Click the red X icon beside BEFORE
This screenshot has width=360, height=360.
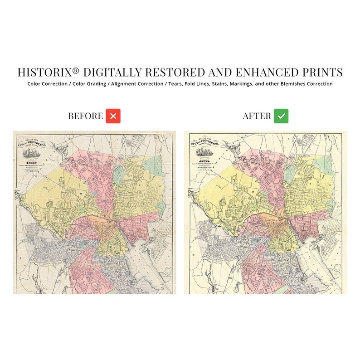click(x=113, y=116)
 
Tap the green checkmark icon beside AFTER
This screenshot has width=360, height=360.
click(x=281, y=116)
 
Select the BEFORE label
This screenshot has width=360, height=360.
click(x=86, y=116)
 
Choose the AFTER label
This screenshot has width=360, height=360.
click(x=257, y=116)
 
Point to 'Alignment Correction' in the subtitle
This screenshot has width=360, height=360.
click(x=138, y=84)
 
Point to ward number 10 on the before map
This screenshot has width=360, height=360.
click(x=81, y=194)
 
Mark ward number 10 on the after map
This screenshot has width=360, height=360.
click(x=251, y=192)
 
